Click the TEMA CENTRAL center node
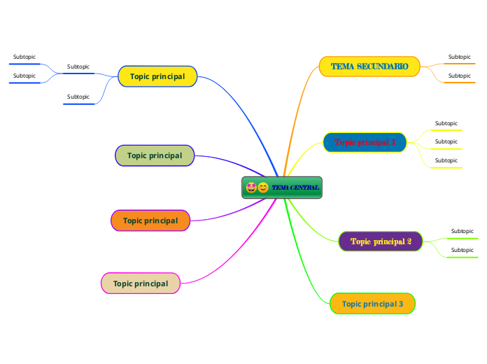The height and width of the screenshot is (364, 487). [x=294, y=188]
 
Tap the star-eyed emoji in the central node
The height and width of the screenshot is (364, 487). [x=251, y=187]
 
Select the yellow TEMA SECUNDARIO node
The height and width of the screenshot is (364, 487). [x=369, y=66]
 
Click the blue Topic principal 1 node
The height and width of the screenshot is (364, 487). [x=365, y=142]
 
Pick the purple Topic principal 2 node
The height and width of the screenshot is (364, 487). [x=381, y=241]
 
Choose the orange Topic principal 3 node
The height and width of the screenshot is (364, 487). [x=372, y=304]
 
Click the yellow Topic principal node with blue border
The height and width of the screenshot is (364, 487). [x=157, y=76]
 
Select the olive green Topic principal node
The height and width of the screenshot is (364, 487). [x=155, y=155]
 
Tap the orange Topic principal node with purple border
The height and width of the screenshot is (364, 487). [x=150, y=220]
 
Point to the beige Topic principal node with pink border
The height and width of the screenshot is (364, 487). [x=141, y=283]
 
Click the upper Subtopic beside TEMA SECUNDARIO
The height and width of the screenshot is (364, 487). [x=459, y=57]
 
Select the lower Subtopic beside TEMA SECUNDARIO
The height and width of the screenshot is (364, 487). [x=459, y=76]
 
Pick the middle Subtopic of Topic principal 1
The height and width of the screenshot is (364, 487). [x=446, y=141]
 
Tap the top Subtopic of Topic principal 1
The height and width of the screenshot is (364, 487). [x=446, y=123]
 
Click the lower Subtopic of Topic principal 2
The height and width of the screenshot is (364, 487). [x=462, y=250]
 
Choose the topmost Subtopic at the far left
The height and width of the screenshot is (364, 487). [x=24, y=57]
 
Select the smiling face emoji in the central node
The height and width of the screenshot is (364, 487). [x=263, y=187]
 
